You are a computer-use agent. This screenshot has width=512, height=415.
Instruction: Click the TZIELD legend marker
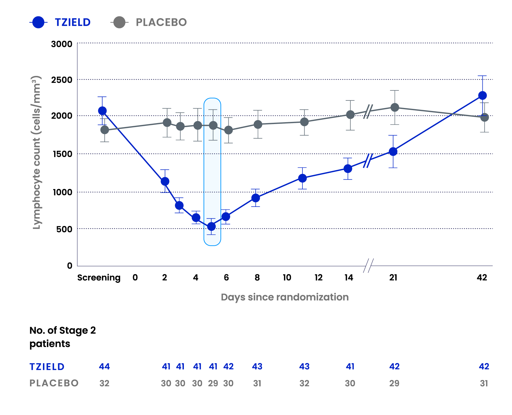pyautogui.click(x=38, y=22)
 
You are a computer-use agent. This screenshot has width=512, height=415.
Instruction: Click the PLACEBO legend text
pyautogui.click(x=161, y=22)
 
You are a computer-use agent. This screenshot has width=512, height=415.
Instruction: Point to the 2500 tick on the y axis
pyautogui.click(x=62, y=80)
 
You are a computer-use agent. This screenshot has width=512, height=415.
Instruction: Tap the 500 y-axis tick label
pyautogui.click(x=64, y=229)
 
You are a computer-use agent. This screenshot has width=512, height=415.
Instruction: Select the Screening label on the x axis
pyautogui.click(x=99, y=277)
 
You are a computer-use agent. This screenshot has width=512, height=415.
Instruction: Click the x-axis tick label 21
pyautogui.click(x=393, y=277)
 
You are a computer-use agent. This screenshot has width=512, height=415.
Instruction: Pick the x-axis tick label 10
pyautogui.click(x=287, y=277)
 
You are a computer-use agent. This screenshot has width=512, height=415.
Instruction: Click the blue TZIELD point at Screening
pyautogui.click(x=102, y=111)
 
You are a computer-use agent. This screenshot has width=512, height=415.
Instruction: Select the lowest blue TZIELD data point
pyautogui.click(x=211, y=226)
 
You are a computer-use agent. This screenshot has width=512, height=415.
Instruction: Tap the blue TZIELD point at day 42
pyautogui.click(x=482, y=96)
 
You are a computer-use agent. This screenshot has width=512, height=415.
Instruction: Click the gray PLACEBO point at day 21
pyautogui.click(x=395, y=107)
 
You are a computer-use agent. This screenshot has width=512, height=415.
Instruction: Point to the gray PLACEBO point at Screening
pyautogui.click(x=105, y=130)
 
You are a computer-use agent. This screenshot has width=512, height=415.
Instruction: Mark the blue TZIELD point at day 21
pyautogui.click(x=393, y=152)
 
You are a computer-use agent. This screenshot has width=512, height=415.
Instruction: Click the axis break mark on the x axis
pyautogui.click(x=368, y=266)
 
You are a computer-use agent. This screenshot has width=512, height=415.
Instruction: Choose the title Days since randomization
pyautogui.click(x=285, y=297)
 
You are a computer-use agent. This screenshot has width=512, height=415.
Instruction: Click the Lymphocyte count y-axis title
pyautogui.click(x=37, y=152)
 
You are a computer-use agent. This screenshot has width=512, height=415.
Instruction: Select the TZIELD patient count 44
pyautogui.click(x=104, y=367)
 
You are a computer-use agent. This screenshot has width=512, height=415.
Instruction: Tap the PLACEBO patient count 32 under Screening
pyautogui.click(x=104, y=383)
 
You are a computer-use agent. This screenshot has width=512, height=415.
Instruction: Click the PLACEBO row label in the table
pyautogui.click(x=54, y=383)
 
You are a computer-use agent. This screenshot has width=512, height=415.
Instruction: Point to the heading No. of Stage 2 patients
pyautogui.click(x=63, y=337)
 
